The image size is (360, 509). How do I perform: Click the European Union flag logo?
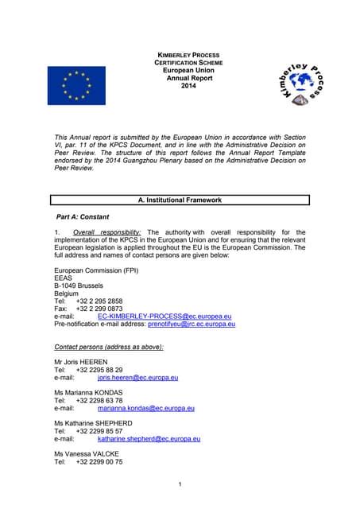point(76,85)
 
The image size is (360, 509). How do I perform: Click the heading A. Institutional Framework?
point(180,200)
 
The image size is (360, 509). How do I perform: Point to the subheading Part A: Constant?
point(83,217)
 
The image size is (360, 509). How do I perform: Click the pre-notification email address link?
point(192,324)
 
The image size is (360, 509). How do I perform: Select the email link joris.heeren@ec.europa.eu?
point(137,378)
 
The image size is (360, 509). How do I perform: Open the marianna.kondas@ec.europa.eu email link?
point(145,408)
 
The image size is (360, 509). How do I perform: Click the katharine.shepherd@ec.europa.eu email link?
point(148,438)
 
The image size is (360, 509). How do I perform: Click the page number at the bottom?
point(180,484)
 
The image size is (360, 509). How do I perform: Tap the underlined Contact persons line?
point(98,347)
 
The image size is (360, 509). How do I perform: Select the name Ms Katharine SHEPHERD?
point(93,423)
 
